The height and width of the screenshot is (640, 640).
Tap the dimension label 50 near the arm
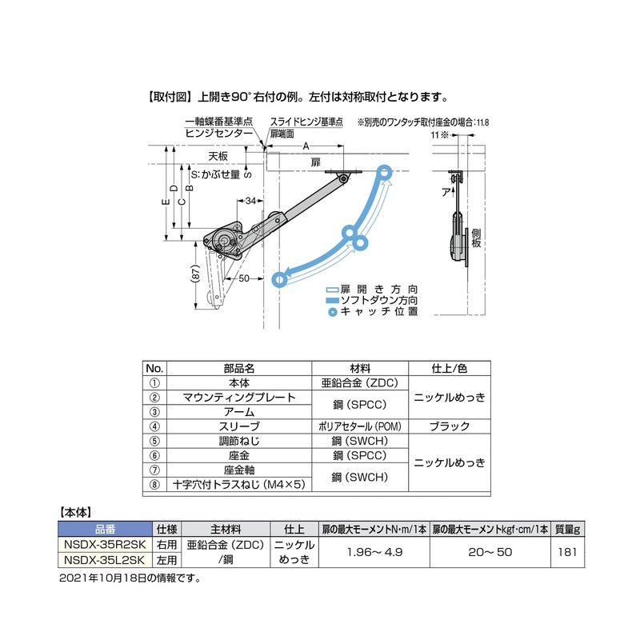245,278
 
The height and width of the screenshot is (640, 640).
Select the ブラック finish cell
450,426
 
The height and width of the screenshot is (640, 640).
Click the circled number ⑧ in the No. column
155,484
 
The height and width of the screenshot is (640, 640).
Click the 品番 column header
104,530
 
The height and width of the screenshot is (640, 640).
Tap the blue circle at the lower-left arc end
279,279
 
